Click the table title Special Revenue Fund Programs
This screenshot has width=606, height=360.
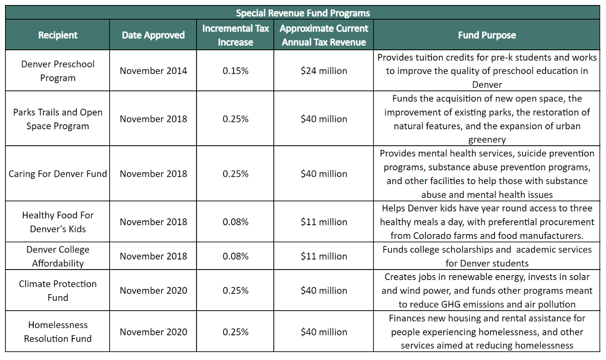[x=303, y=13]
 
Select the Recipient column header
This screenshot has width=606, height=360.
[x=58, y=35]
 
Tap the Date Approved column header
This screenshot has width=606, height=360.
[x=153, y=35]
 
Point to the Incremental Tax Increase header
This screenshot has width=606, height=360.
[x=235, y=35]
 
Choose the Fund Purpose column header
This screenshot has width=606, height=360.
[x=487, y=35]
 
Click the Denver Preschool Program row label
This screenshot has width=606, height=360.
[x=58, y=71]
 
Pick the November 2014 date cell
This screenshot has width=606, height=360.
[x=154, y=71]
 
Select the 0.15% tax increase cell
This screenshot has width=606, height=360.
[x=235, y=71]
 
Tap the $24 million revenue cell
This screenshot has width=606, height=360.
[x=324, y=71]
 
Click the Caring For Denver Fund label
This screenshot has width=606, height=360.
[x=58, y=174]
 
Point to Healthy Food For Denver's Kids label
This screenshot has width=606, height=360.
[x=58, y=222]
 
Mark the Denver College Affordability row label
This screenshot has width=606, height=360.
[x=58, y=256]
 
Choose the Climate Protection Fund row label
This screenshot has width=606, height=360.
[x=58, y=291]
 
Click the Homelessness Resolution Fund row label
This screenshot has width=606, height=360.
[x=58, y=332]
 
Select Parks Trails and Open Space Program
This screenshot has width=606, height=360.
[x=58, y=119]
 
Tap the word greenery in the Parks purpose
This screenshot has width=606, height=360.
[x=487, y=140]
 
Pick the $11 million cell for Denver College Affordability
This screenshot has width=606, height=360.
[x=324, y=256]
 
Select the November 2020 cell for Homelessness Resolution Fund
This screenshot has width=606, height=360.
[x=154, y=332]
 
